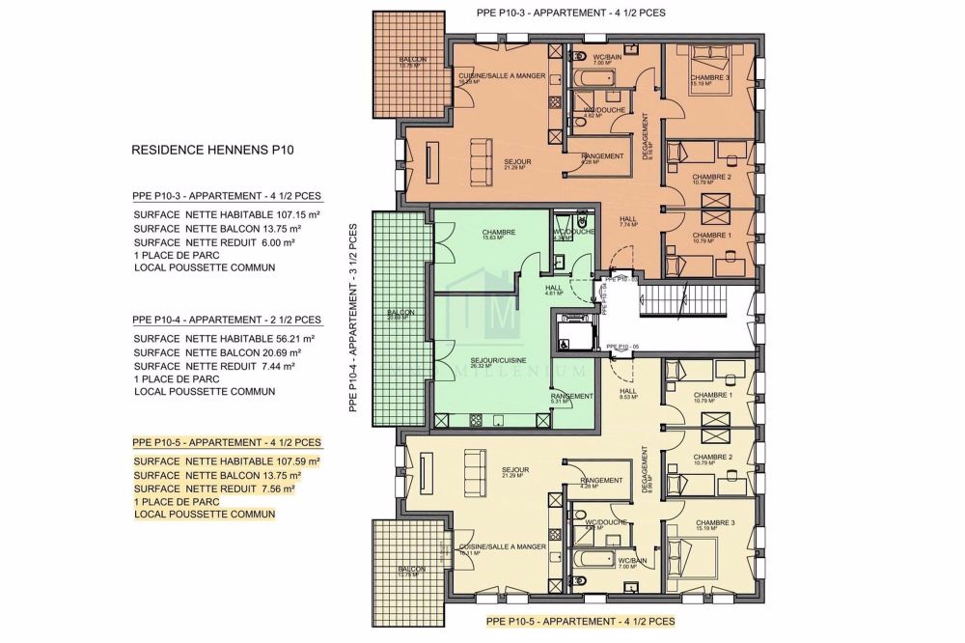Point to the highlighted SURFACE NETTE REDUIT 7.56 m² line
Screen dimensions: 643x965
tap(213, 489)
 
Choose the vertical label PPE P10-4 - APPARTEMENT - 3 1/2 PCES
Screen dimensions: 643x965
tap(353, 319)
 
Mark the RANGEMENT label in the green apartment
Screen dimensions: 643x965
tap(571, 397)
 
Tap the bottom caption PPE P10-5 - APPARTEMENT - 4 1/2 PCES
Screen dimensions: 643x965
tap(579, 623)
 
